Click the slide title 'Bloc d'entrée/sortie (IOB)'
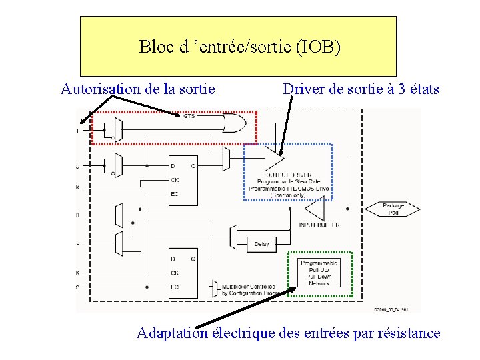(x=239, y=47)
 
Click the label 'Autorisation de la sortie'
(x=137, y=89)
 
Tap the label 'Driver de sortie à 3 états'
(x=361, y=89)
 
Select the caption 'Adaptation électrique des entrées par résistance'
(x=288, y=333)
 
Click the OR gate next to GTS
(x=233, y=123)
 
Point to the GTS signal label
(x=189, y=116)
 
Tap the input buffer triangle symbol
(x=314, y=211)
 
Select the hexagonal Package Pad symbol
(x=393, y=209)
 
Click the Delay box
(x=261, y=244)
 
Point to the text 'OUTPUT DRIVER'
(x=288, y=174)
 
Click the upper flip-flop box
(x=183, y=181)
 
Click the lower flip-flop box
(x=183, y=273)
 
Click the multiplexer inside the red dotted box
(x=118, y=129)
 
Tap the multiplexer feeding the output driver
(x=226, y=157)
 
